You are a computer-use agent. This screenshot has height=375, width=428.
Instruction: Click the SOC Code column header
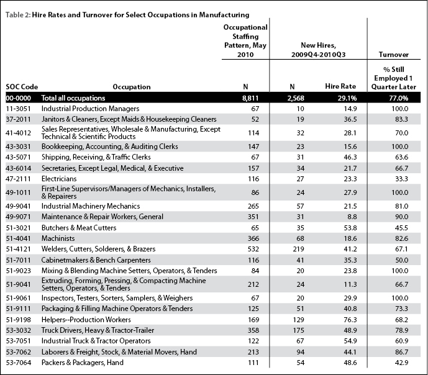[x=22, y=87]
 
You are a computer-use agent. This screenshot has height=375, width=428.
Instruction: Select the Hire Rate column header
[x=340, y=86]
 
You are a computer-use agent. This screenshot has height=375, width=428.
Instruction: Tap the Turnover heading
[x=394, y=55]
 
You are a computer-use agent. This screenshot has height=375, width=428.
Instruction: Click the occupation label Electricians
[x=59, y=179]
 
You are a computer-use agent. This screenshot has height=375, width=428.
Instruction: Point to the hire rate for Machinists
[x=350, y=238]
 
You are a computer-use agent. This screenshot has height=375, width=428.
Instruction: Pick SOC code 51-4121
[x=18, y=249]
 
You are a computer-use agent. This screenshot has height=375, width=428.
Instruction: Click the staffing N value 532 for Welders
[x=253, y=249]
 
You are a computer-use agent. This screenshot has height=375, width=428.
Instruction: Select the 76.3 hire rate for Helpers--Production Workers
[x=350, y=320]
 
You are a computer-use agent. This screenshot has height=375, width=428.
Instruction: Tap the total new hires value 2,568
[x=296, y=98]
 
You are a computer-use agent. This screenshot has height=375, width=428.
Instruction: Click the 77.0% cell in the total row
[x=399, y=98]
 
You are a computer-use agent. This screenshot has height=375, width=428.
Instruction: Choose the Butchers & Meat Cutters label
[x=79, y=228]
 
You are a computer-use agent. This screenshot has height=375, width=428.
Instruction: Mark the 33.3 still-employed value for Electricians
[x=401, y=179]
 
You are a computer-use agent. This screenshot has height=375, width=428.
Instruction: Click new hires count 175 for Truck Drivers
[x=298, y=330]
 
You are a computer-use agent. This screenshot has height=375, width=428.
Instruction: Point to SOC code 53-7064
[x=18, y=363]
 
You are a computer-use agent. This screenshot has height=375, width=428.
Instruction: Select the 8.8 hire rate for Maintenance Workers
[x=352, y=217]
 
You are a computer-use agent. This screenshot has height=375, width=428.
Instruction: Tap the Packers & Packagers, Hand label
[x=83, y=363]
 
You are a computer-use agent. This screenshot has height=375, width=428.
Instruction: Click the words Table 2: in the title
[x=18, y=15]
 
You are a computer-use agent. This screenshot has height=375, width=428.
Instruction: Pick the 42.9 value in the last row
[x=401, y=363]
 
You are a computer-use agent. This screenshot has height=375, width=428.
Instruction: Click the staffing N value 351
[x=253, y=217]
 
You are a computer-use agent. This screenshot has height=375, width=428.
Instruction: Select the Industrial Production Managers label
[x=90, y=109]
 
